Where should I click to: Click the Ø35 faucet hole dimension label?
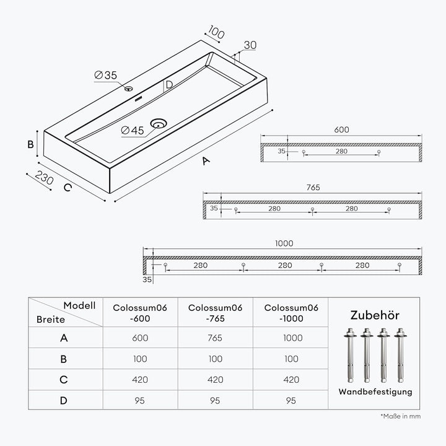point(105,76)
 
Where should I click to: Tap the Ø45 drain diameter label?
point(133,131)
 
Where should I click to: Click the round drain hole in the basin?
point(159,124)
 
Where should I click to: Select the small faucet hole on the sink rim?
point(129,89)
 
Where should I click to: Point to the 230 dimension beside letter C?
point(45,178)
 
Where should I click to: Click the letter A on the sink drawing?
point(206,161)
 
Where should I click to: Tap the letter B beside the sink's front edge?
point(30,144)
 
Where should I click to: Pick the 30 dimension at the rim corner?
point(250,45)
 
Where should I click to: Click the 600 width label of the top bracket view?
point(341,129)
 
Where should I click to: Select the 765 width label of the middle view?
point(313,188)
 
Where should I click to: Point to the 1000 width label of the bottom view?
point(284,243)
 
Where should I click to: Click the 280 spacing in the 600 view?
point(341,151)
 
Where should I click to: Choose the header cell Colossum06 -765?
point(216,313)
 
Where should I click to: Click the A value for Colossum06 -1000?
point(292,338)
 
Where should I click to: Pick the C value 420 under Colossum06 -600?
point(140,380)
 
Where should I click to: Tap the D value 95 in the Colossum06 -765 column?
point(215,401)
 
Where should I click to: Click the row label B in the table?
point(63,359)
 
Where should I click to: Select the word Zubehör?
point(375,315)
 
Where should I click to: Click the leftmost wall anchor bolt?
point(350,356)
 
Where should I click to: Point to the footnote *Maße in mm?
point(401,416)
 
